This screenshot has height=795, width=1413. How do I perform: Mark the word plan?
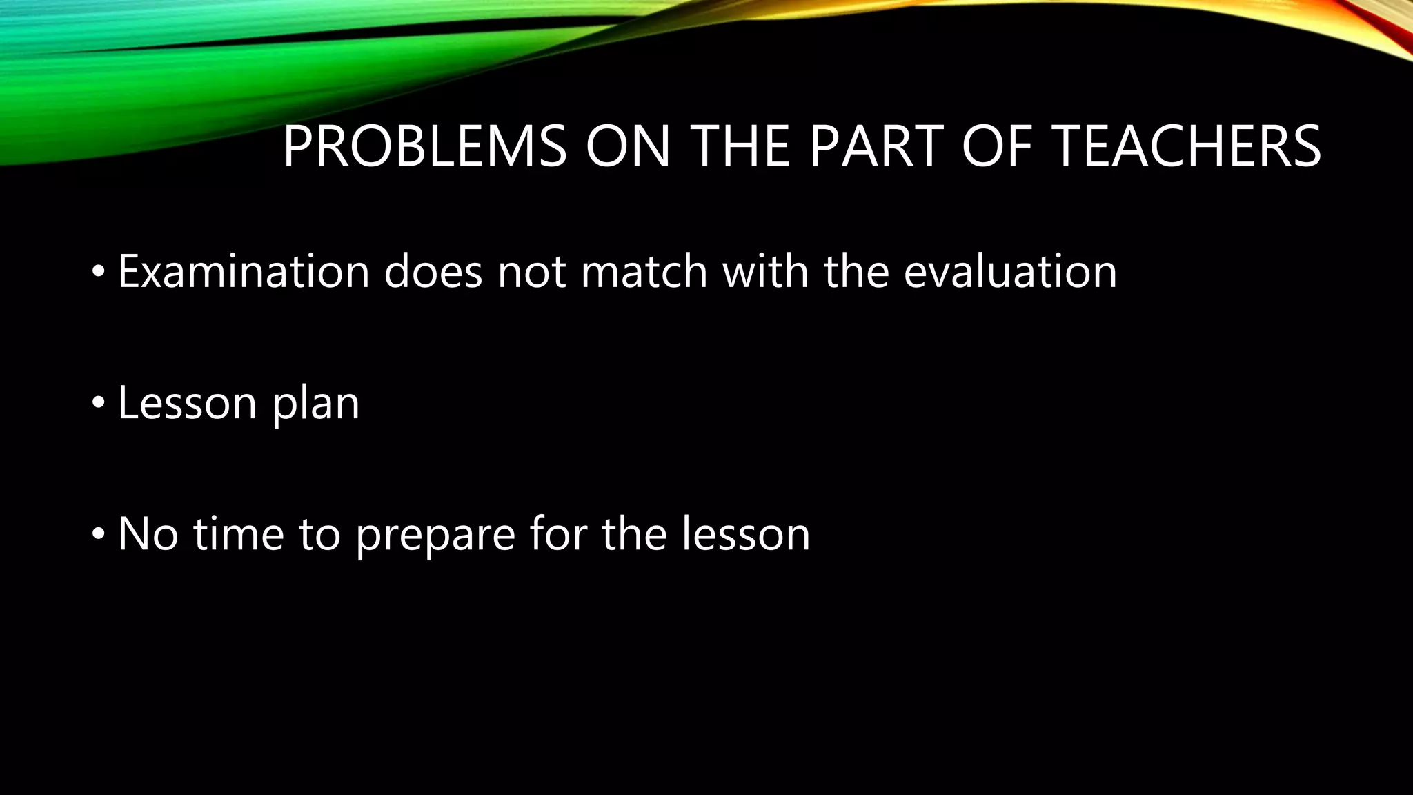click(316, 404)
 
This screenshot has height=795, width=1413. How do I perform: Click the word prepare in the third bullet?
click(435, 535)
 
